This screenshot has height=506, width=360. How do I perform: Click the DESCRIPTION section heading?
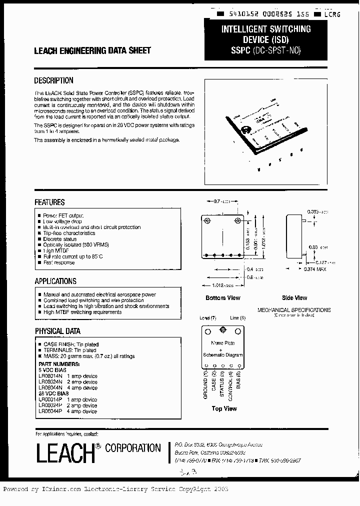point(53,80)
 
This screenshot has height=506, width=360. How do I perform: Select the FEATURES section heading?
point(49,202)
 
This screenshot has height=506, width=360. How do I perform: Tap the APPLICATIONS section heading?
point(55,281)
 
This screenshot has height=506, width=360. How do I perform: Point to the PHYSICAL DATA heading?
point(57,331)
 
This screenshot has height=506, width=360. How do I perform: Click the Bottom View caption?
point(223,298)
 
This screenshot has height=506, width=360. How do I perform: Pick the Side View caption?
point(294,298)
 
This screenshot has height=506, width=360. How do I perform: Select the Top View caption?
point(224,408)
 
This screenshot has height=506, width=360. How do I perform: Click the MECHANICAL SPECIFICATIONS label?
point(294,310)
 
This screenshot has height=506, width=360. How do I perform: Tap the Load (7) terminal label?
point(207,318)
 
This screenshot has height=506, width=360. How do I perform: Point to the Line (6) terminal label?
point(237,318)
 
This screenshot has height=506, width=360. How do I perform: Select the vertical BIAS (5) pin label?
point(239,379)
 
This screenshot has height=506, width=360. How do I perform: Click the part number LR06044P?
point(50,411)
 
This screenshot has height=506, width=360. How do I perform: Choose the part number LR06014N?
point(50,376)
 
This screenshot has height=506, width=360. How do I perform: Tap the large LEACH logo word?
point(65,451)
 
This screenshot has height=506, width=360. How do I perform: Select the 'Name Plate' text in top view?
point(222,343)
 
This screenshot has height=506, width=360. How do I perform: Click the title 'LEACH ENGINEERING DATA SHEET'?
point(92,51)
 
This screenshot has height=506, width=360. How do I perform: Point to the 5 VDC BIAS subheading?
point(52,370)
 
